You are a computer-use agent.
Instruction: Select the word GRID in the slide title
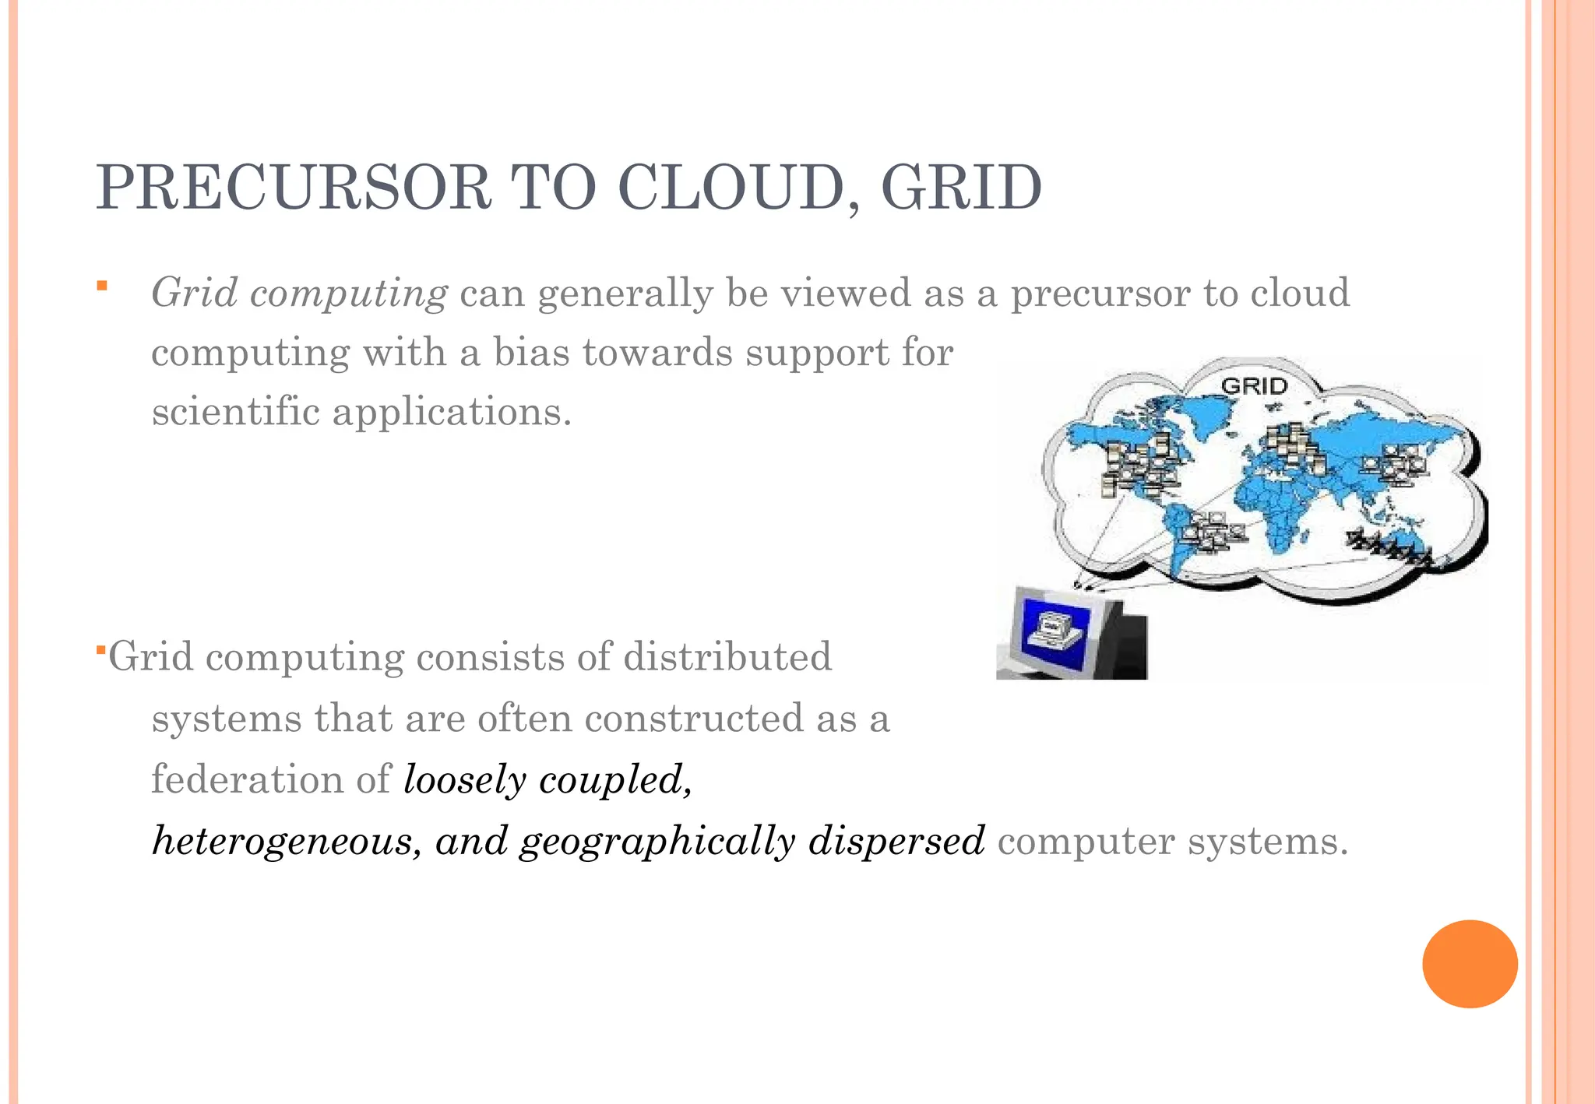(962, 188)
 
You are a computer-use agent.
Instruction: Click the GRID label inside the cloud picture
(1255, 385)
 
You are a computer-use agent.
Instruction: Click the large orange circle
(1470, 964)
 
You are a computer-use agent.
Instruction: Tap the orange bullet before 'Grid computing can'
(101, 287)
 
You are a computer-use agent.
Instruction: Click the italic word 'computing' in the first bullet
(348, 294)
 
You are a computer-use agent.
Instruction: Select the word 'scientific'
(235, 412)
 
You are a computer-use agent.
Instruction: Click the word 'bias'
(531, 353)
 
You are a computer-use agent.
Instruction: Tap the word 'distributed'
(727, 656)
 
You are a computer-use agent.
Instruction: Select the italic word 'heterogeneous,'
(287, 841)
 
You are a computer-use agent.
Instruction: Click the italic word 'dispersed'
(896, 841)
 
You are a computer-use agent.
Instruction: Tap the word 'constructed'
(694, 718)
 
